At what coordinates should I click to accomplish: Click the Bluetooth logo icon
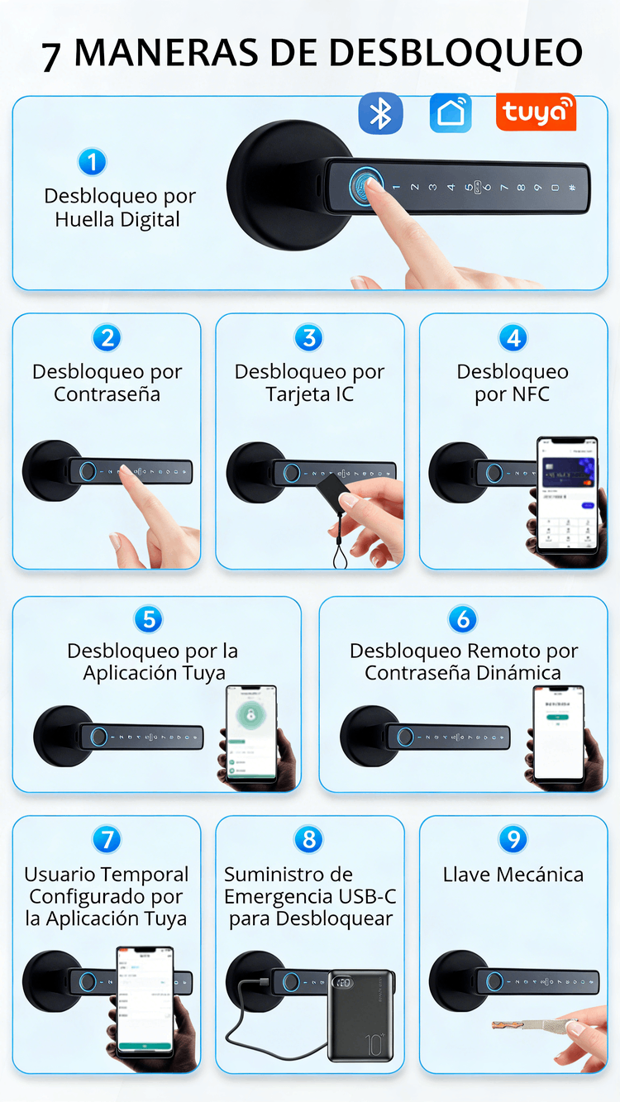coord(380,113)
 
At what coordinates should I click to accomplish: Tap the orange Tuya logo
coord(536,112)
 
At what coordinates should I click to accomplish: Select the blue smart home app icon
coord(451,113)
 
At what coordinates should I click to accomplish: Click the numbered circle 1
coord(92,161)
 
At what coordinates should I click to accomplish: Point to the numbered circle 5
coord(148,619)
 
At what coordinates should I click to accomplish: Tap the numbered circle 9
coord(513,840)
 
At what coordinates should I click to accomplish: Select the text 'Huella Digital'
coord(117,220)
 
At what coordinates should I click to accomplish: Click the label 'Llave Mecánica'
coord(513,875)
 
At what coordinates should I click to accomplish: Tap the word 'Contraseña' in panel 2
coord(107,394)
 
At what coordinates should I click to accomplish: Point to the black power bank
coord(360,1015)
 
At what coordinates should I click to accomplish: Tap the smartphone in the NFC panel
coord(566,494)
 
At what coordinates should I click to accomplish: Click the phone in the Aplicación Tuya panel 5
coord(251,732)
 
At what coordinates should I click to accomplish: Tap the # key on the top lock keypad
coord(572,188)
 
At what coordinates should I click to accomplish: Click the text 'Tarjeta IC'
coord(310,394)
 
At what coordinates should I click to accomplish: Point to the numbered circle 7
coord(107,840)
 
